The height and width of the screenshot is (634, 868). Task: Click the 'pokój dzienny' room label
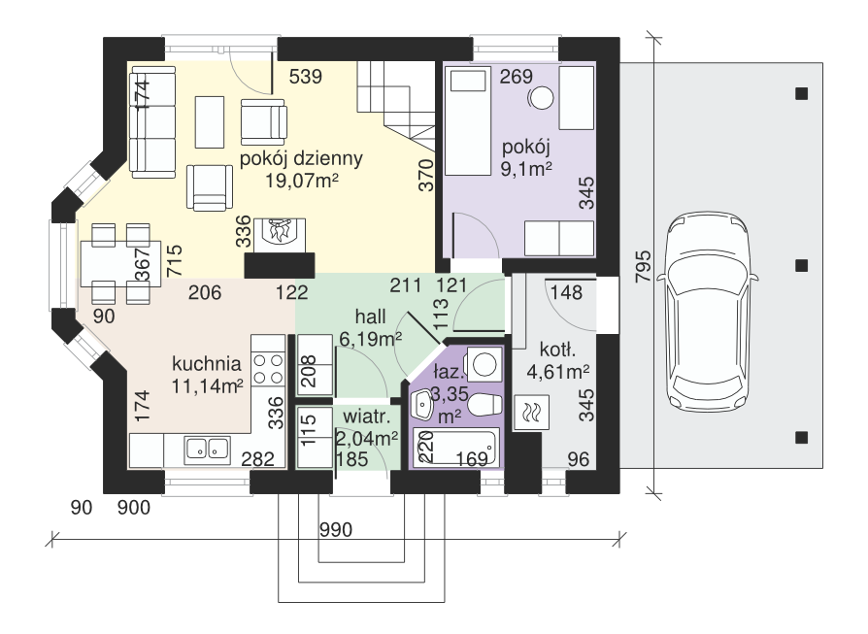tap(301, 159)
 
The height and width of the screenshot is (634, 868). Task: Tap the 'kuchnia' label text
tap(207, 364)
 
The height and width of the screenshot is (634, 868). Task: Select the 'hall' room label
tap(370, 317)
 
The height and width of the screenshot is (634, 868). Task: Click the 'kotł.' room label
tap(557, 350)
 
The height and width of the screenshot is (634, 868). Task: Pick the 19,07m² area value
tap(302, 181)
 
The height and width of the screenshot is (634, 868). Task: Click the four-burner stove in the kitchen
tap(268, 370)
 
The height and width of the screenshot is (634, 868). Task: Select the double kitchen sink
tap(207, 448)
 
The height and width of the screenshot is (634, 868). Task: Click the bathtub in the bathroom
tap(456, 446)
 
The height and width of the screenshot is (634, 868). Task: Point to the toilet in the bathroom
tap(484, 404)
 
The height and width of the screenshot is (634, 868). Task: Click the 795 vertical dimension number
tap(644, 267)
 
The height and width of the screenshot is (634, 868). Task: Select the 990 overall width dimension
tap(336, 530)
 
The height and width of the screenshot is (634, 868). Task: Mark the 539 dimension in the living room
tap(306, 77)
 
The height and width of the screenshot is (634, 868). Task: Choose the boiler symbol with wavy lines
tap(531, 413)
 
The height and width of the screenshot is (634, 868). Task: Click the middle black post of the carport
tap(801, 266)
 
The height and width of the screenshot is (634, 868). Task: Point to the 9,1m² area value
tap(526, 169)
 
